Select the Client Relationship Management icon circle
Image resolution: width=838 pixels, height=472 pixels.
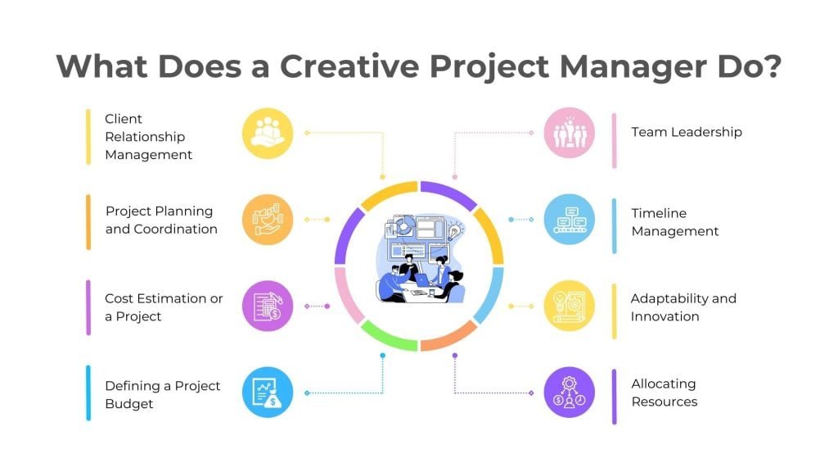(x=268, y=133)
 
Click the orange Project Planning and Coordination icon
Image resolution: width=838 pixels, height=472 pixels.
(x=268, y=220)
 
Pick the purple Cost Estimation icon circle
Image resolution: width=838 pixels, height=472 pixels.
(x=268, y=306)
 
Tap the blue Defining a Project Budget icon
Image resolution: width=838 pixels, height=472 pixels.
(x=268, y=393)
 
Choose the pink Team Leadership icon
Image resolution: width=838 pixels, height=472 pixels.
(x=570, y=133)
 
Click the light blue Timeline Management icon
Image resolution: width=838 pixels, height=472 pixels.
(x=570, y=220)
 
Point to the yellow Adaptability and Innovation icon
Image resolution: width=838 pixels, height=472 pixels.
(x=570, y=306)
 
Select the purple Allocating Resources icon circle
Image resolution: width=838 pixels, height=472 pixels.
(x=570, y=393)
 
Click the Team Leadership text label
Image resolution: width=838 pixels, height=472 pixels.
(x=686, y=132)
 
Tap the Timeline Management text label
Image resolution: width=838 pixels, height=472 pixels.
(x=674, y=222)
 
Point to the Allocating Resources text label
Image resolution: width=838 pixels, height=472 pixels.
(x=664, y=393)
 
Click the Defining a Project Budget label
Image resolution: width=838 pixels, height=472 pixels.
(x=162, y=394)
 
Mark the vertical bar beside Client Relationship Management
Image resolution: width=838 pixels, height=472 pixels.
(x=88, y=137)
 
